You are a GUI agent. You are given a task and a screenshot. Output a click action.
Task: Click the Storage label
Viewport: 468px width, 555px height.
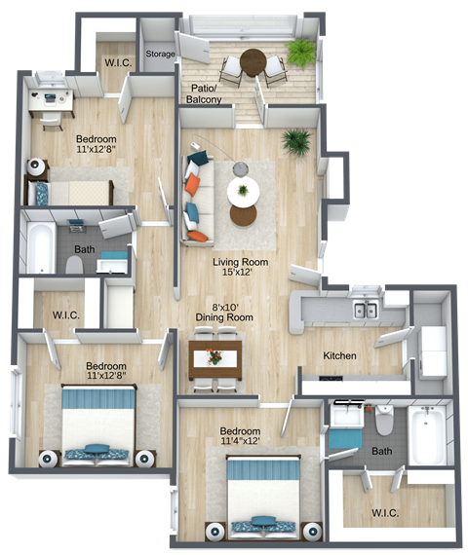pyautogui.click(x=161, y=55)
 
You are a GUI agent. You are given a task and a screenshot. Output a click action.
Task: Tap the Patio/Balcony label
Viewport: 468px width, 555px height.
pyautogui.click(x=205, y=93)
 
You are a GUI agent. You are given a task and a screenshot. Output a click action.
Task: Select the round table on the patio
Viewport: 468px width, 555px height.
pyautogui.click(x=253, y=61)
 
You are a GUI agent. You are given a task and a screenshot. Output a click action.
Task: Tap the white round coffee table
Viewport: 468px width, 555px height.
pyautogui.click(x=242, y=190)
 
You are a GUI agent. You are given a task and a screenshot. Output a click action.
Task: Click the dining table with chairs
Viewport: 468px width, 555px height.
pyautogui.click(x=214, y=357)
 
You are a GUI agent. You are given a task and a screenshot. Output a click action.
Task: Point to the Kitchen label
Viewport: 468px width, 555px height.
pyautogui.click(x=340, y=356)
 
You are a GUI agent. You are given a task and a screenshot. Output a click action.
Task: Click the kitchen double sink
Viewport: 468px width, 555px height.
pyautogui.click(x=366, y=311)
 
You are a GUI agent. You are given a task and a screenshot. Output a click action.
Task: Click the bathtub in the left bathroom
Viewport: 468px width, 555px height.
pyautogui.click(x=40, y=248)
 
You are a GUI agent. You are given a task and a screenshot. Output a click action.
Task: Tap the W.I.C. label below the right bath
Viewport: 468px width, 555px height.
pyautogui.click(x=385, y=512)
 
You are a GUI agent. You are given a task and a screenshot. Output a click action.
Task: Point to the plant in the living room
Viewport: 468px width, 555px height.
pyautogui.click(x=295, y=142)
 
